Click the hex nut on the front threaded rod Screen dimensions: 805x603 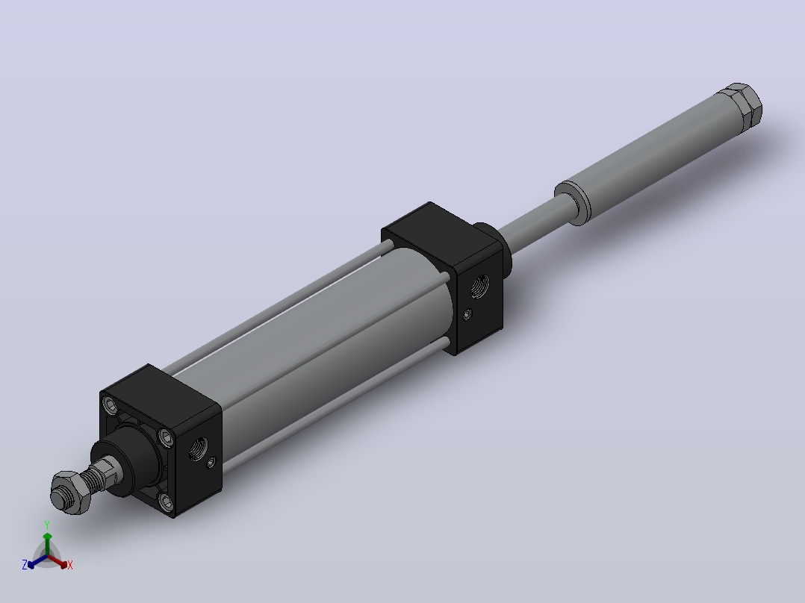pos(70,492)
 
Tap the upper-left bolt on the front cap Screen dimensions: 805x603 pos(111,405)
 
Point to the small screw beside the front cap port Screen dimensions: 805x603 pos(211,463)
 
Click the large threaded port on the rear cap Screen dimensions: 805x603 pos(479,286)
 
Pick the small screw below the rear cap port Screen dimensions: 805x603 pos(467,314)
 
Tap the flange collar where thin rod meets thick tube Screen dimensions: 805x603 pos(573,202)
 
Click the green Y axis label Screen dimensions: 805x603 pos(47,525)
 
